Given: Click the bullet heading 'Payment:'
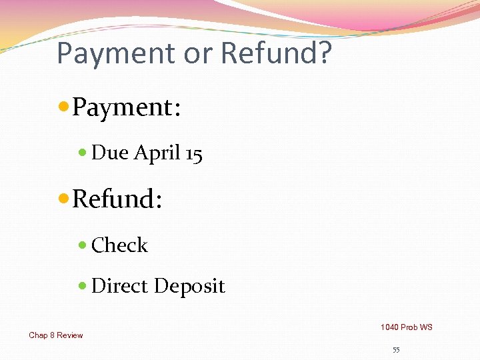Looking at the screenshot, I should pyautogui.click(x=126, y=107).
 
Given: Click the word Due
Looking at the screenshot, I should pyautogui.click(x=110, y=153).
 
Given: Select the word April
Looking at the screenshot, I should pyautogui.click(x=157, y=153).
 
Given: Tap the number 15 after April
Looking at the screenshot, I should pyautogui.click(x=194, y=153).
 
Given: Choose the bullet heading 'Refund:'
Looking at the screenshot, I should pyautogui.click(x=117, y=199).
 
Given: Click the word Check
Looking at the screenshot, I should pyautogui.click(x=119, y=245).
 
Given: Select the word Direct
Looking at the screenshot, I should pyautogui.click(x=120, y=286).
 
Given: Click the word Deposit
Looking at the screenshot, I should pyautogui.click(x=189, y=287).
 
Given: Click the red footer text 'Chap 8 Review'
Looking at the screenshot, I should pyautogui.click(x=56, y=335).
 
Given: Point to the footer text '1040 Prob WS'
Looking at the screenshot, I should pyautogui.click(x=406, y=327).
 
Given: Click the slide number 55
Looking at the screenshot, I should pyautogui.click(x=396, y=350).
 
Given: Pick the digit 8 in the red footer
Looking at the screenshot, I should pyautogui.click(x=51, y=335).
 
